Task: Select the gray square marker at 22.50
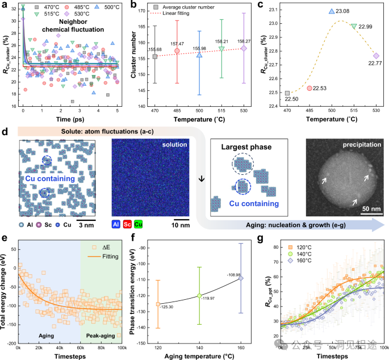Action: pos(287,93)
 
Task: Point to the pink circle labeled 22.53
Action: pos(309,88)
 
